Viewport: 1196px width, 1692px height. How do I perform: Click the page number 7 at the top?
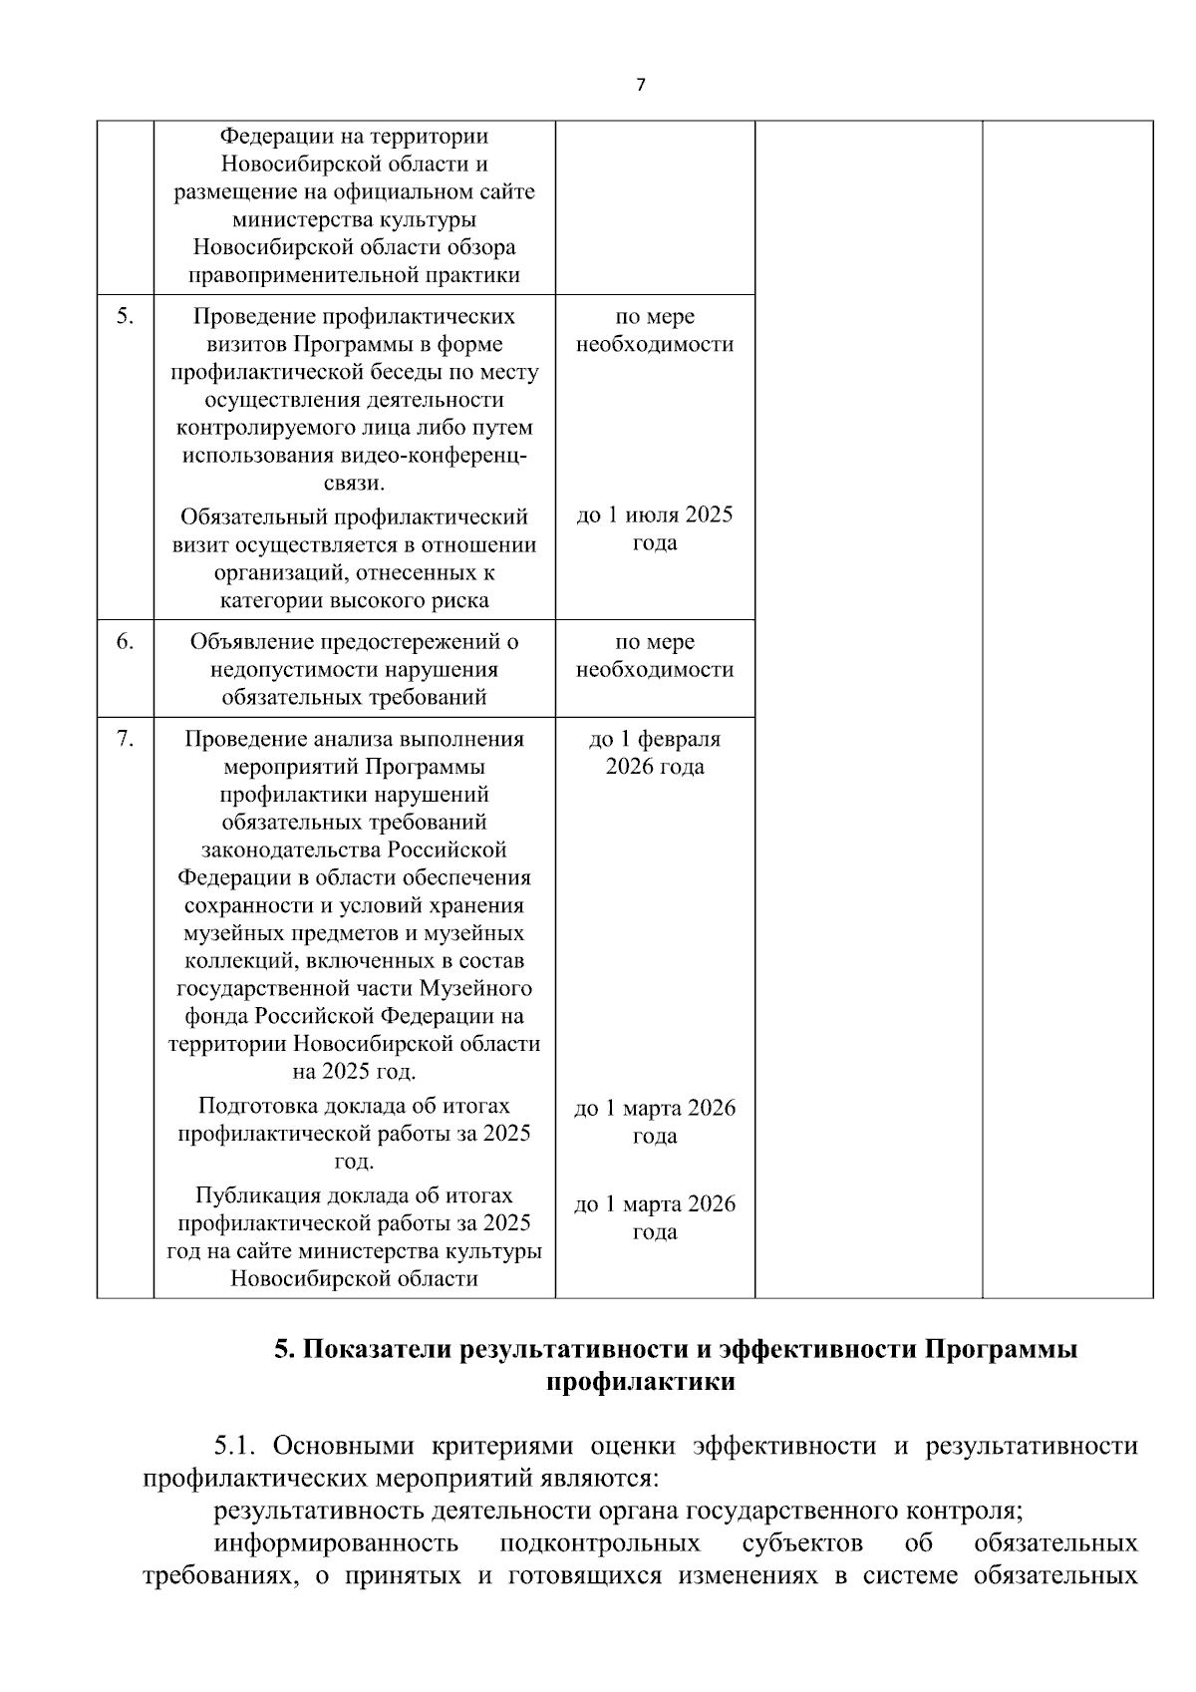(640, 85)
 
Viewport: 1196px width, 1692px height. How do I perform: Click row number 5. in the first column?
(125, 317)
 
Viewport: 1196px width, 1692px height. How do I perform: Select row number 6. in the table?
(125, 642)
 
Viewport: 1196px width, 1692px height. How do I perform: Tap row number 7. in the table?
(125, 740)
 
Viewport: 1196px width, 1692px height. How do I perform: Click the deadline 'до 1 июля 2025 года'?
(654, 529)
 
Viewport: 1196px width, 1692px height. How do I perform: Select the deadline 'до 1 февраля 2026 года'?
(654, 753)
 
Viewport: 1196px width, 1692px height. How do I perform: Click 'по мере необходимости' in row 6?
(654, 656)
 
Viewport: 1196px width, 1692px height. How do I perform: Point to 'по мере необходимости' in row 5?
(654, 331)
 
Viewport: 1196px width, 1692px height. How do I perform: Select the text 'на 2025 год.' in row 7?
(354, 1073)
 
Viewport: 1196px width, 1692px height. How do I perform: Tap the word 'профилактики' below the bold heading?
(641, 1383)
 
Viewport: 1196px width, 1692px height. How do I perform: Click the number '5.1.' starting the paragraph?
(236, 1447)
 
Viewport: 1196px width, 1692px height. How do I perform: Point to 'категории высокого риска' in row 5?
(354, 601)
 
